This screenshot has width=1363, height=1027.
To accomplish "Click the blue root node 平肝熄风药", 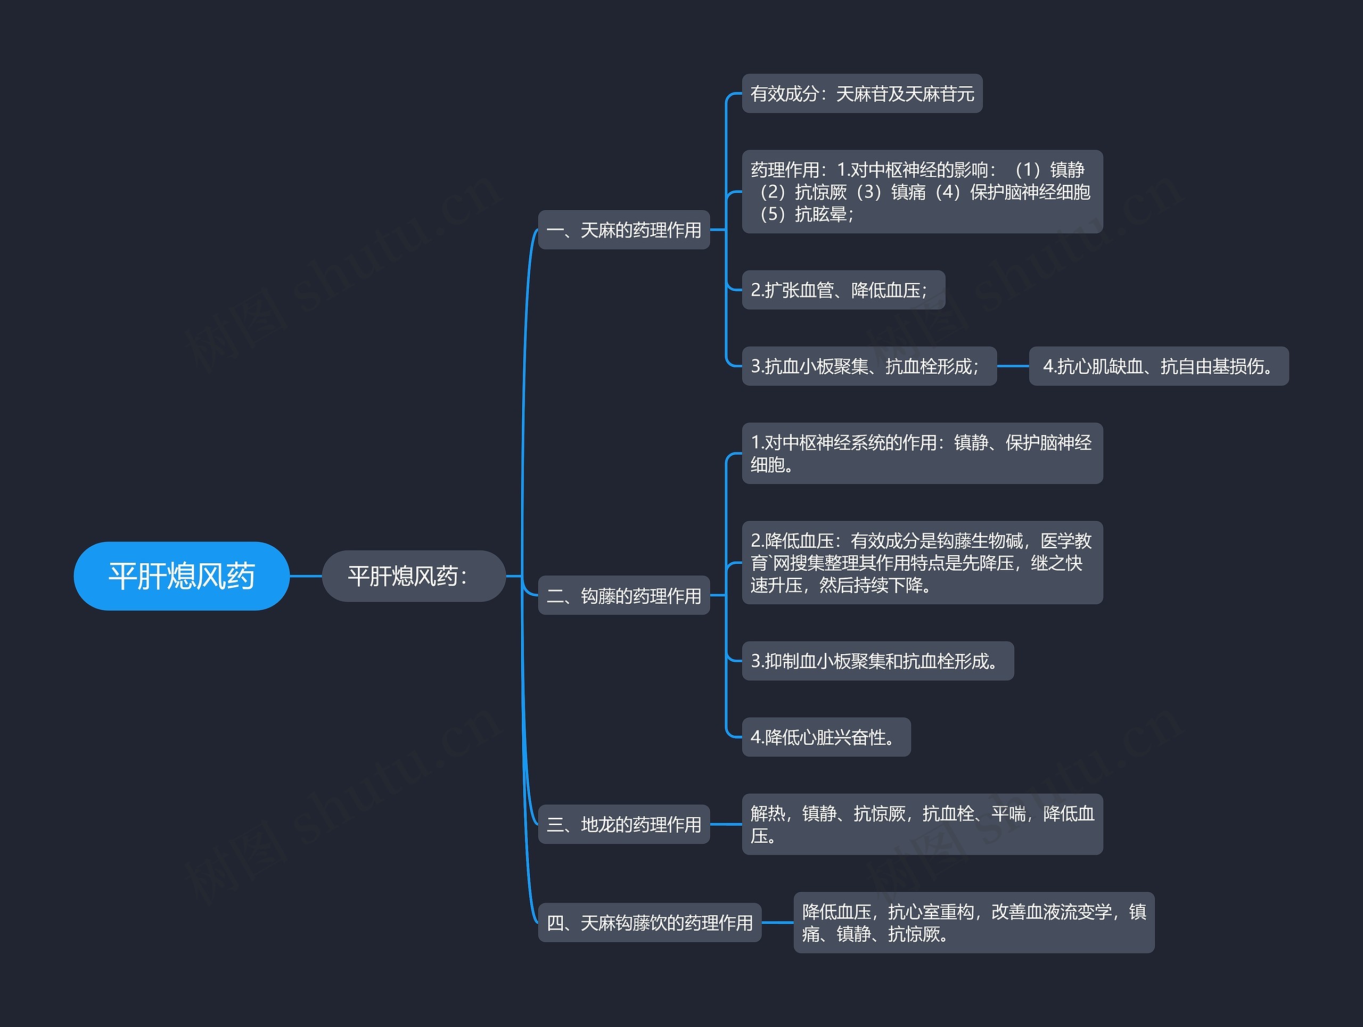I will [181, 576].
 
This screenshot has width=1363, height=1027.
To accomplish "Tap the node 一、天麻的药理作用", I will [623, 230].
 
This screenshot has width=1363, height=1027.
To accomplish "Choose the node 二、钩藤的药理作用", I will [623, 595].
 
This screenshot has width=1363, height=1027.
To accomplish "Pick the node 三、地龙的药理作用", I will [623, 824].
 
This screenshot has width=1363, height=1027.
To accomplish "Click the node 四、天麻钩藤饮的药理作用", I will [650, 922].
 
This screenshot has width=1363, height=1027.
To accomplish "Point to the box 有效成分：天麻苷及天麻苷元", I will [861, 94].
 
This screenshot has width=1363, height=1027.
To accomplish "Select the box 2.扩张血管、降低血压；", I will [843, 290].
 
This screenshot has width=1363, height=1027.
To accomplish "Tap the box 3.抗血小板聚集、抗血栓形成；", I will [869, 366].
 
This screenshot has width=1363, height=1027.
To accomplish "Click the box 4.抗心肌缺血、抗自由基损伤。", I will [1159, 366].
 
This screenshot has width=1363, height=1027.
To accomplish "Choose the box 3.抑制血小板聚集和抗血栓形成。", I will [877, 661].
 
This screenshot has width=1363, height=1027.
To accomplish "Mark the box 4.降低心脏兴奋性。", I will [826, 737].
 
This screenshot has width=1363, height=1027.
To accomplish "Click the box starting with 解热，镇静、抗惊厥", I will [922, 824].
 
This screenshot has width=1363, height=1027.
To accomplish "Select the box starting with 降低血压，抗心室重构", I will [974, 922].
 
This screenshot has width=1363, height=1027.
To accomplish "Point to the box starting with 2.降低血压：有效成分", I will [922, 562].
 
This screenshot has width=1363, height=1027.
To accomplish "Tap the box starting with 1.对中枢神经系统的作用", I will [922, 453].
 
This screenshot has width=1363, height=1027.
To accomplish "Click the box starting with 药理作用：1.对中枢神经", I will [922, 192].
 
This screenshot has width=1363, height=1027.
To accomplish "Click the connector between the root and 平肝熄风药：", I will [306, 576].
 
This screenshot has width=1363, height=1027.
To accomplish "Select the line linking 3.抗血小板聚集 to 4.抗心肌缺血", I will [1012, 366].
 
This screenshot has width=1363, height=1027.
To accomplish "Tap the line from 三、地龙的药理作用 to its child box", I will [726, 824].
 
